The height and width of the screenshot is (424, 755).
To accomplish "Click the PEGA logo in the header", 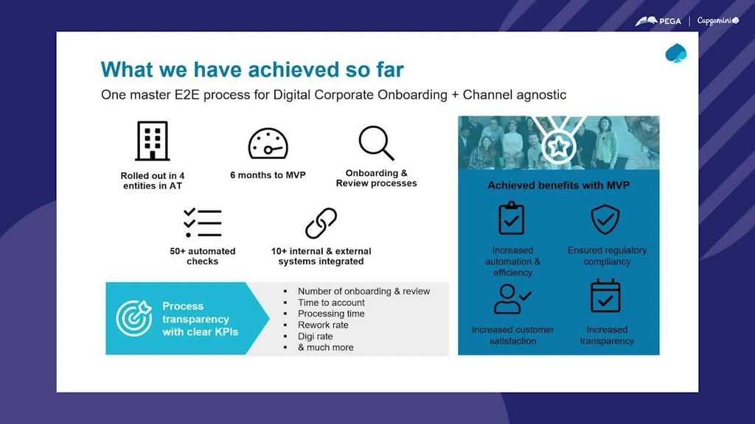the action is pos(658,21).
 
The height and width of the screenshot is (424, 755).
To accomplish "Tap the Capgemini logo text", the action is pos(718,21).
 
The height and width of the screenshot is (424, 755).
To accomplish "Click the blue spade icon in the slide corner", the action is pos(675,53).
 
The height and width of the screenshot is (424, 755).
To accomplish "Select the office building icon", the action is pos(152,141).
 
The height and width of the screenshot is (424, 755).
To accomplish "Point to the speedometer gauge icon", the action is pos(268,144).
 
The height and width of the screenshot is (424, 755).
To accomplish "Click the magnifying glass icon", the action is pos(376,143).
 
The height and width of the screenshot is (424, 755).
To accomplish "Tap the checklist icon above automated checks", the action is pos(203,222).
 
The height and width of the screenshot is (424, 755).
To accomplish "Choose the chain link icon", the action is pos(321,223).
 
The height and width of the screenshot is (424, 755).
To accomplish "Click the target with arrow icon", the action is pos(134,318).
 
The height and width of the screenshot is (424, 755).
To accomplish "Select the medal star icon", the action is pos(559,146).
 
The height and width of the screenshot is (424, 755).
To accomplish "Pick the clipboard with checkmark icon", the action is pos(512,218).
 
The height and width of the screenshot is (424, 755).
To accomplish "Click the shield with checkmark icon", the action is pos(605,219).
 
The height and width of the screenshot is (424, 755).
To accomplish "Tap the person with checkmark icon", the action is pos(512,299).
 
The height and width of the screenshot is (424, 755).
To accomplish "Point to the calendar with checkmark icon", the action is pos(606,296).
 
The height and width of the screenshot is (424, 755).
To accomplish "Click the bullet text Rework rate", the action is pos(323,325).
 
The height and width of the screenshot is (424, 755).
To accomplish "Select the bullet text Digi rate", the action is pos(316,336).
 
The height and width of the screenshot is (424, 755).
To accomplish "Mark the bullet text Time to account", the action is pos(331,303).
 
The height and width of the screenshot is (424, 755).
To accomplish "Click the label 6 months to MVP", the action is pos(268,175).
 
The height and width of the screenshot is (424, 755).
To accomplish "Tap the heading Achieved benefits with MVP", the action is pos(559,185).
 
